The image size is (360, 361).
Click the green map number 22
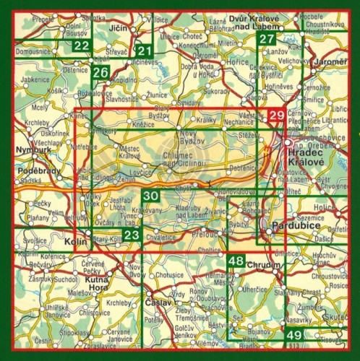(82, 46)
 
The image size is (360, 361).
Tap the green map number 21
(145, 50)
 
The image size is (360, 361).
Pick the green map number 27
(268, 40)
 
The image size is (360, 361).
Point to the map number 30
(150, 196)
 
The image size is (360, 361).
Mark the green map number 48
(236, 261)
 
